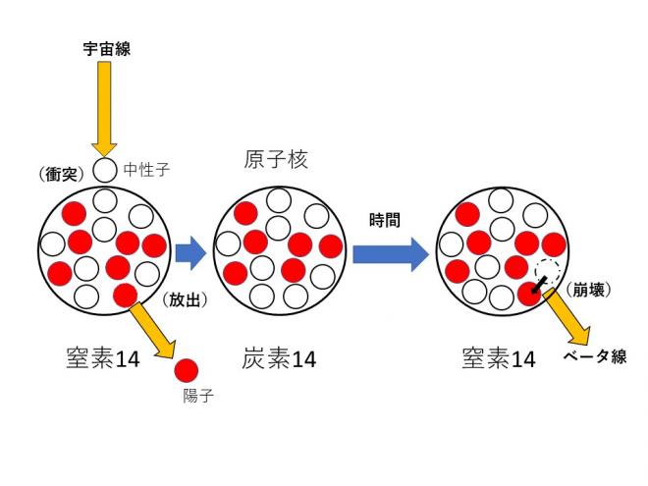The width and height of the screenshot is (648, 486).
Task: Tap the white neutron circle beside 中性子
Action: pos(106,171)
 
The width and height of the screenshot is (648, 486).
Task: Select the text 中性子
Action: pos(147,170)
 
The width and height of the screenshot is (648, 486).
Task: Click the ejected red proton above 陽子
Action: pos(186,371)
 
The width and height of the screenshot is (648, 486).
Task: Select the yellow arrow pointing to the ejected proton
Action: pos(154,330)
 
